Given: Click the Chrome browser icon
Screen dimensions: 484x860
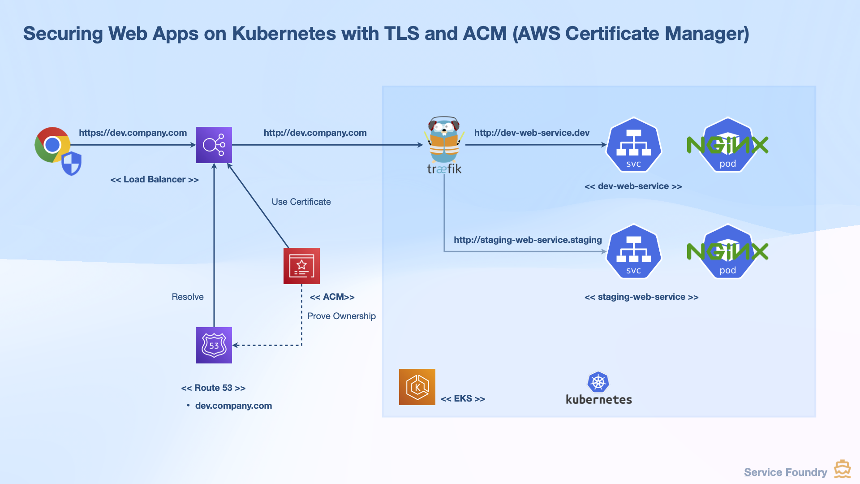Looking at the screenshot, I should [52, 144].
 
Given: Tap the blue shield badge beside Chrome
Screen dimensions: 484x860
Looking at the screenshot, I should [72, 163].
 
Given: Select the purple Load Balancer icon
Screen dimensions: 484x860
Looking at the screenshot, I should [214, 145].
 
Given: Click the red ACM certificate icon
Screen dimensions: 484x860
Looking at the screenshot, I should [301, 266].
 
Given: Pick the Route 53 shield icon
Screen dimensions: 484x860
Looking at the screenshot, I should [214, 345].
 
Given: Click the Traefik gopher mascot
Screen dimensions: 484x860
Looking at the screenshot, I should [444, 141].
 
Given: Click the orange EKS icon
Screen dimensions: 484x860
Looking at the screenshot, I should [417, 387].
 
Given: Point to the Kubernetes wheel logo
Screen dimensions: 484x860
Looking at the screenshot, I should [598, 382].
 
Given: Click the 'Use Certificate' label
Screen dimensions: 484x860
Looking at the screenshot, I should [301, 202].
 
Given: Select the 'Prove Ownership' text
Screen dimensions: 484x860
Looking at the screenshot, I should [341, 316].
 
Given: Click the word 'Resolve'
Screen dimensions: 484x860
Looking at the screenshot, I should [187, 297].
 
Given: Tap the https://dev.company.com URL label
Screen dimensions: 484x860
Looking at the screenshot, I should [133, 133].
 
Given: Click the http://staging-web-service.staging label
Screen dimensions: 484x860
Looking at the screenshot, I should [528, 240].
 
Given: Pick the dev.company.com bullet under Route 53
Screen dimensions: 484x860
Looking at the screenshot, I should [233, 406].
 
